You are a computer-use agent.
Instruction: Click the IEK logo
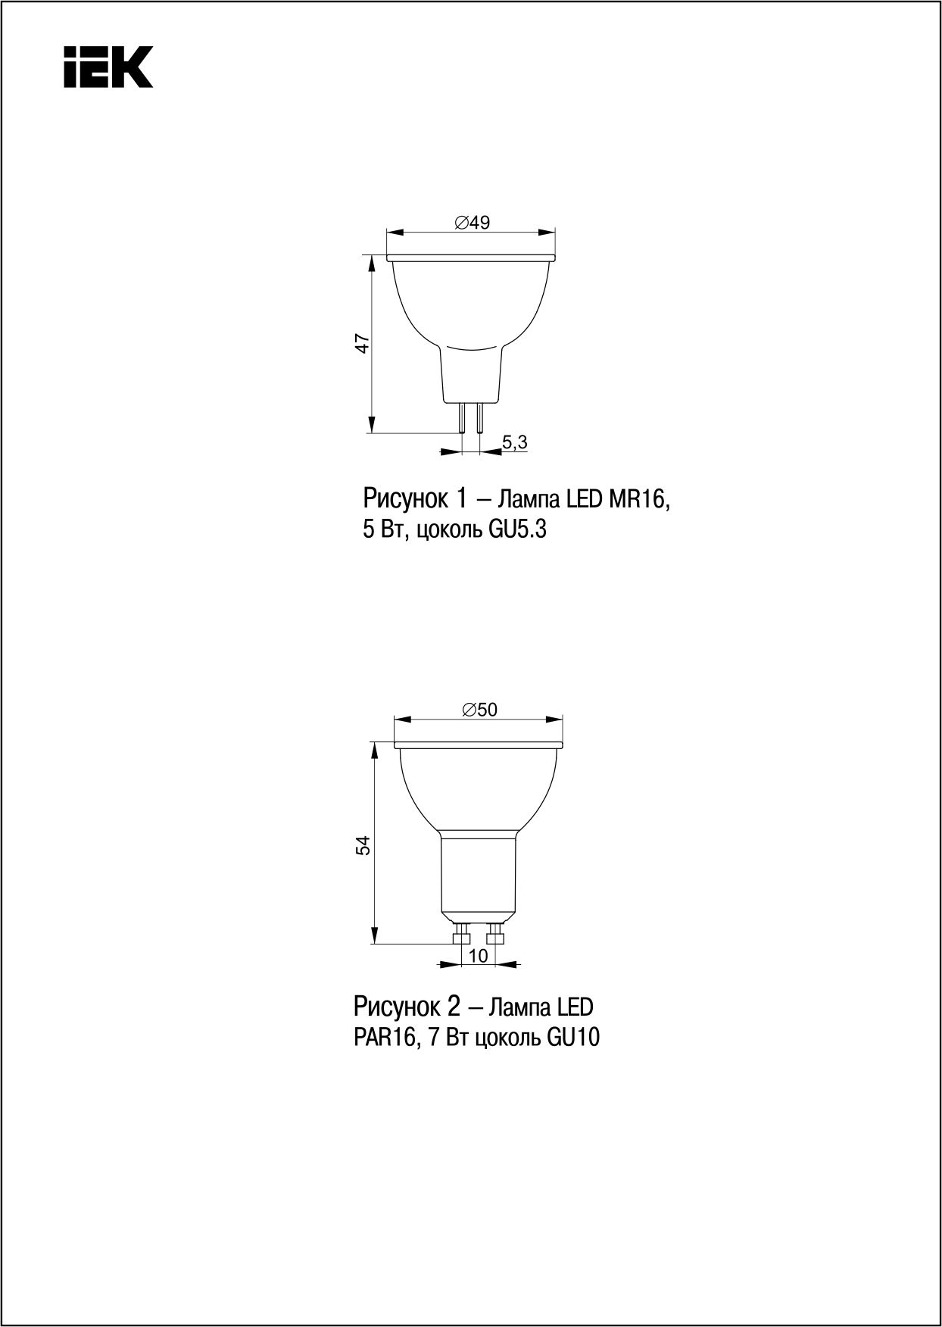[x=108, y=66]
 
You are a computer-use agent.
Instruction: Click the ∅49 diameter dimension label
[x=472, y=222]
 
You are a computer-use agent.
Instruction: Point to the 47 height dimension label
[x=363, y=343]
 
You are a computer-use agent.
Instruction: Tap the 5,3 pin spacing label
[x=514, y=443]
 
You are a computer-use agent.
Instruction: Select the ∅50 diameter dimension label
[x=479, y=709]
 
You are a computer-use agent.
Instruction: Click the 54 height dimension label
[x=363, y=845]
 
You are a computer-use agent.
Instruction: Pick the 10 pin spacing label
[x=479, y=956]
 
